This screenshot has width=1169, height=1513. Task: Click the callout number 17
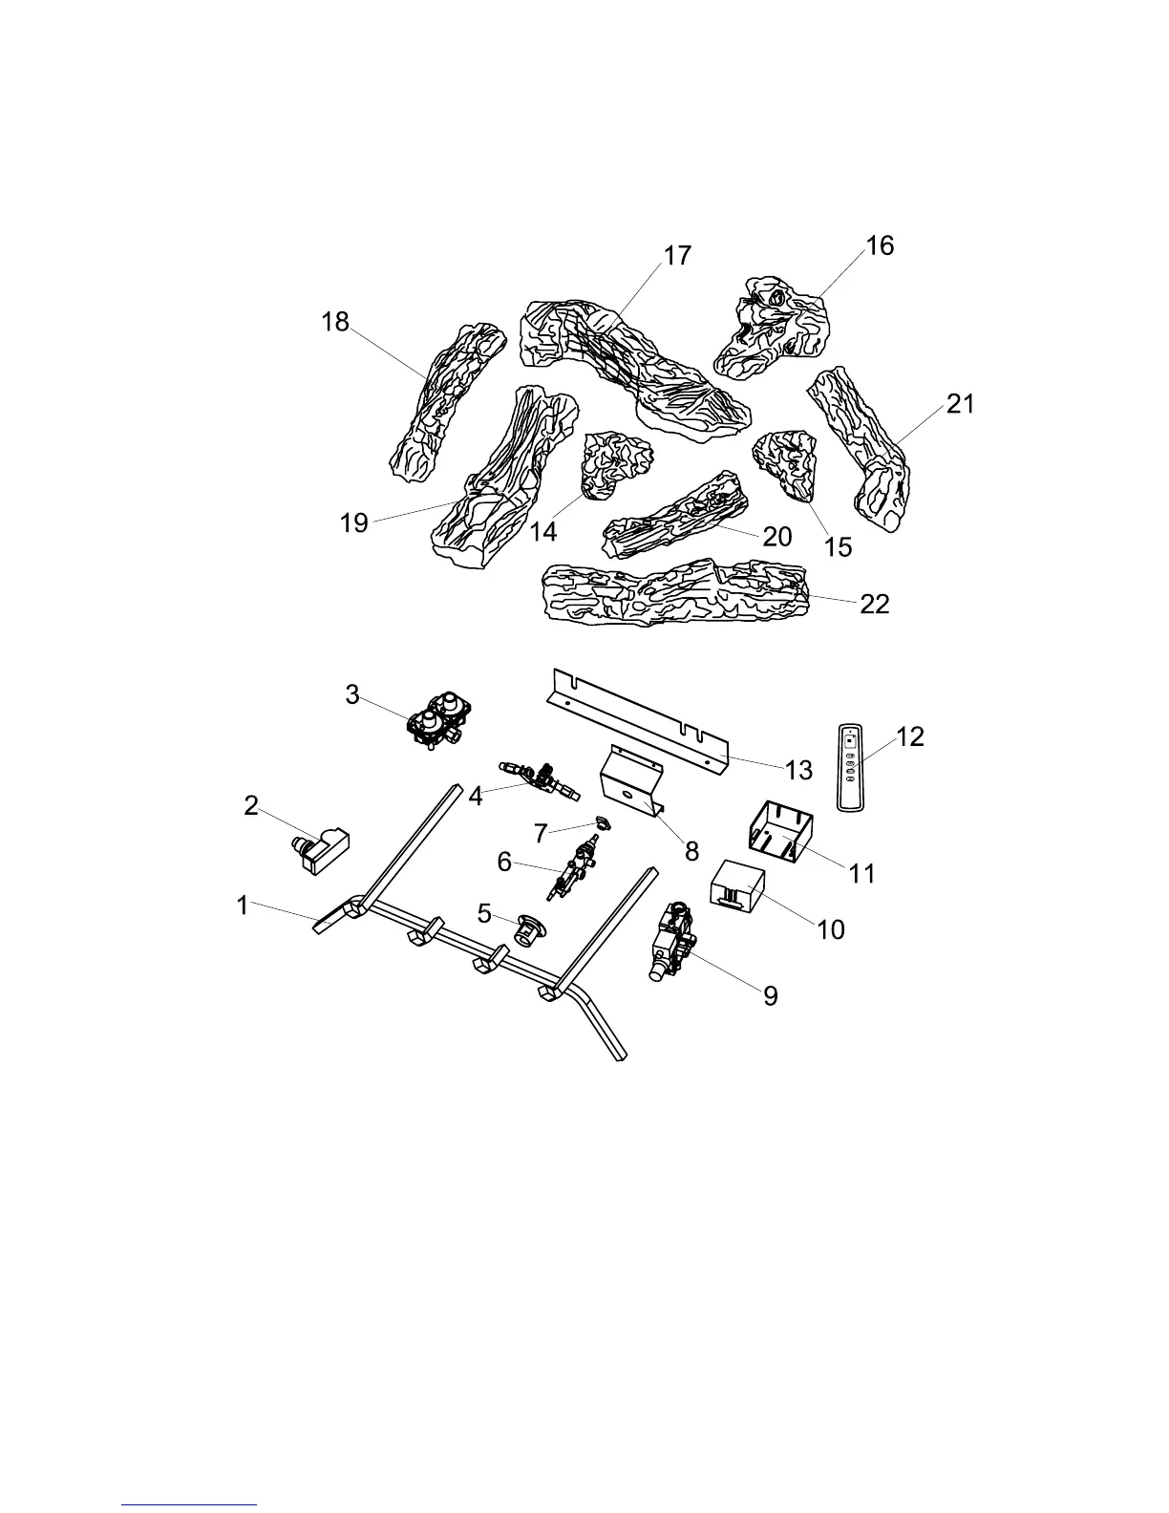point(677,257)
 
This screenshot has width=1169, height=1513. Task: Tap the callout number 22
point(874,604)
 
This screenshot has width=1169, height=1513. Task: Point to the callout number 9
point(771,996)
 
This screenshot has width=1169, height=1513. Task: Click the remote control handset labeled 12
point(849,767)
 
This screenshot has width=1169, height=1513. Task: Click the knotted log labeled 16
point(771,325)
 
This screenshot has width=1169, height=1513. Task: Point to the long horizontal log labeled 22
point(674,591)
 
